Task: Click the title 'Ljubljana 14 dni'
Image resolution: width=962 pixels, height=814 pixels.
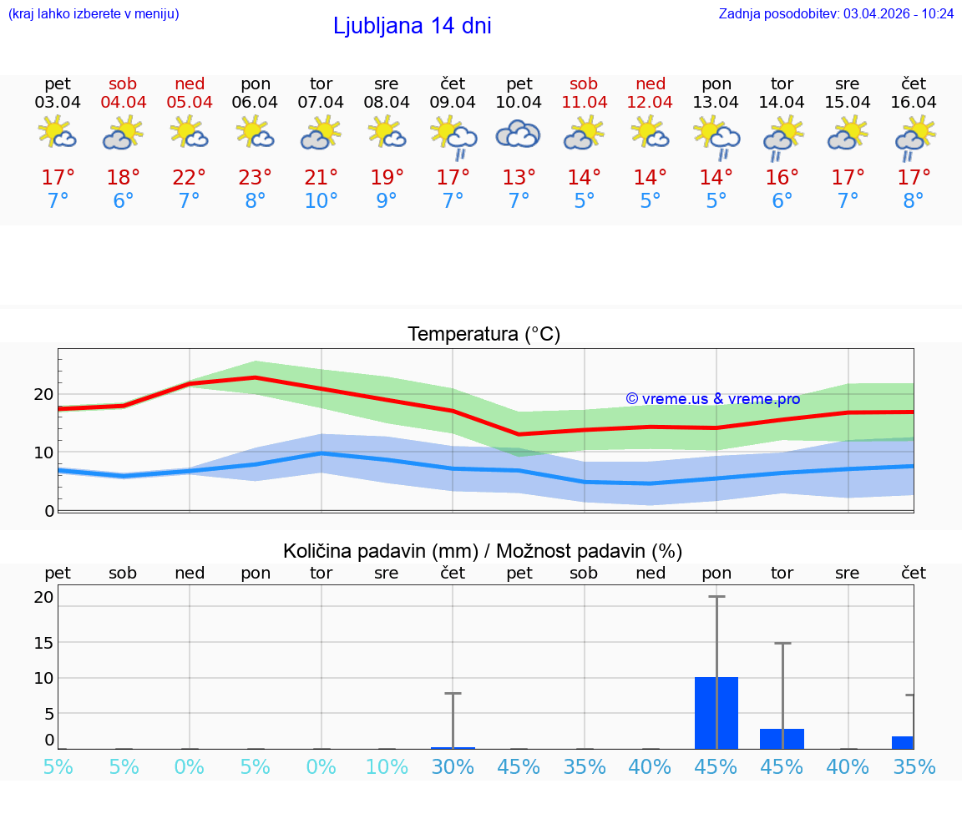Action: tap(412, 26)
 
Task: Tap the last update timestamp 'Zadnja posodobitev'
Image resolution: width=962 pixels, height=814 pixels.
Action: tap(836, 13)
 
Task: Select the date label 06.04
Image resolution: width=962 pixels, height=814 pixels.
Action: tap(256, 103)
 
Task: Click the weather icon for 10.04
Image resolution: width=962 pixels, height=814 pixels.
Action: tap(519, 134)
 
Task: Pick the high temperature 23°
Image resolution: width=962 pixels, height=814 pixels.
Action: tap(256, 178)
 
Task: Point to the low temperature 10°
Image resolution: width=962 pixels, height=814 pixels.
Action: tap(321, 201)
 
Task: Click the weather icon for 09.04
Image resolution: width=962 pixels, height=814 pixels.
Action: tap(453, 136)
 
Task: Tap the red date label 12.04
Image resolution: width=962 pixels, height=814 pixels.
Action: tap(651, 103)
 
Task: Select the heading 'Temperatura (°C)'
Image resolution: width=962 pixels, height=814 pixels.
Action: tap(484, 335)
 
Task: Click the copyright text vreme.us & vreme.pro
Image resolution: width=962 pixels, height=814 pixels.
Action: tap(713, 399)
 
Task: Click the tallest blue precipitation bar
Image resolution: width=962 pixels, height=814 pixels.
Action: tap(716, 713)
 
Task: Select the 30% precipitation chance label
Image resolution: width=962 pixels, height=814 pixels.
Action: tap(453, 766)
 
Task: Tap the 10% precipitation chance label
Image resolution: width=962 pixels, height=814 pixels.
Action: tap(387, 766)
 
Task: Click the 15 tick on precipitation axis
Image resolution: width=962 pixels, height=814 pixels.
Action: tap(43, 642)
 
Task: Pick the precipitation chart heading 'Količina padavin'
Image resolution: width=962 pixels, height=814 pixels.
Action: tap(483, 551)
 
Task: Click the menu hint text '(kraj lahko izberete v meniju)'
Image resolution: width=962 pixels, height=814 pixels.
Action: tap(94, 13)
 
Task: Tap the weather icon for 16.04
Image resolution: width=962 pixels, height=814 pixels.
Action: tap(914, 136)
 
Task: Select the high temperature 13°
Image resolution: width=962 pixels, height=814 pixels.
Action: tap(519, 178)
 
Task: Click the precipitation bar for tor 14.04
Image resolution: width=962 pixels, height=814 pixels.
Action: tap(782, 739)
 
